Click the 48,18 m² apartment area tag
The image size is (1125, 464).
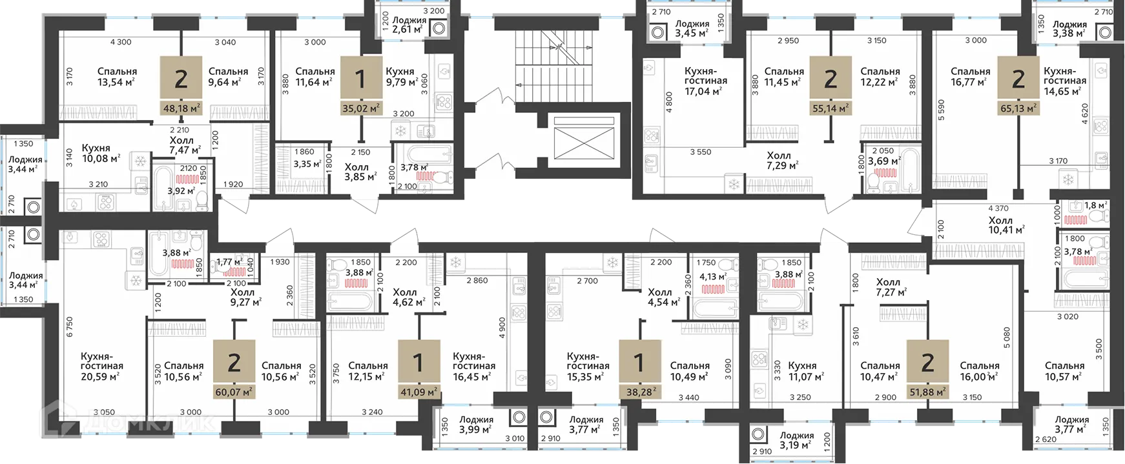point(181,108)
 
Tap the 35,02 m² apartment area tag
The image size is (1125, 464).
point(360,108)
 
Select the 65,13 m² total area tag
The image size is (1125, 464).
point(1018,108)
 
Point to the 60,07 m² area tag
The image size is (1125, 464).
point(234,392)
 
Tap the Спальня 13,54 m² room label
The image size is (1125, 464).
point(117,77)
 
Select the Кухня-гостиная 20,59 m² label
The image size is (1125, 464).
point(101,366)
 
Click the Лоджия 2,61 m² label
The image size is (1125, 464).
point(409,25)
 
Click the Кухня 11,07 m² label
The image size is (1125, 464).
point(802,371)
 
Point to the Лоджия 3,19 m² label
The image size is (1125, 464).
point(796,440)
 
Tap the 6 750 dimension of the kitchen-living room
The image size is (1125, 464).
point(70,326)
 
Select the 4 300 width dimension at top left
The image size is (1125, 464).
point(121,42)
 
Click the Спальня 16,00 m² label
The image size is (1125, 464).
point(979,371)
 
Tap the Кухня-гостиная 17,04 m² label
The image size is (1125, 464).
point(705,81)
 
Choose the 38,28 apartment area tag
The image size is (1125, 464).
point(639,392)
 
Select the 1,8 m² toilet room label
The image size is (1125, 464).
point(1095,206)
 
